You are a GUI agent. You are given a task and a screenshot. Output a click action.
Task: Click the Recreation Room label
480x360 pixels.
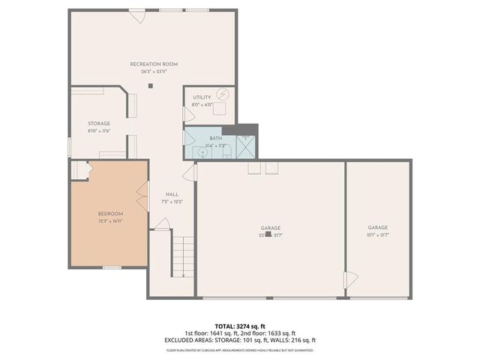(154, 64)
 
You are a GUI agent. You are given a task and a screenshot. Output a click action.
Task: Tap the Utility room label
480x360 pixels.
(202, 97)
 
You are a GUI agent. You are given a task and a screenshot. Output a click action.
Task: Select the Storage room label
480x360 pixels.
(99, 124)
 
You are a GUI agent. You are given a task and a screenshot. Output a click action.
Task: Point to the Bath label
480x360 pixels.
(215, 139)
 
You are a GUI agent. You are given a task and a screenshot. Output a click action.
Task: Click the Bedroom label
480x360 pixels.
(109, 214)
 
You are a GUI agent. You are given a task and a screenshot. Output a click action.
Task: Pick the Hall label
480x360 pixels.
(172, 193)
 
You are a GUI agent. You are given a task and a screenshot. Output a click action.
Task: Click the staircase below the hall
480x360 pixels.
(184, 256)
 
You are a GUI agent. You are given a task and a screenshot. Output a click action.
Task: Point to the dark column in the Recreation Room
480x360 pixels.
(150, 85)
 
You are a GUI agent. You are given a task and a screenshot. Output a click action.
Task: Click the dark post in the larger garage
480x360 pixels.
(268, 234)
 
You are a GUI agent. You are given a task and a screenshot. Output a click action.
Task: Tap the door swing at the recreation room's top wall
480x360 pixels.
(136, 15)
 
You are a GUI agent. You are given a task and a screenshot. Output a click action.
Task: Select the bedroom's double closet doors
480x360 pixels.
(139, 199)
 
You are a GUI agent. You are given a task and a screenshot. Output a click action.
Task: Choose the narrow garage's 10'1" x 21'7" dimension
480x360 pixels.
(377, 235)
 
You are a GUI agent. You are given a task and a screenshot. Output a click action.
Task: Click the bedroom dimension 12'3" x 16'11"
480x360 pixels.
(109, 221)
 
